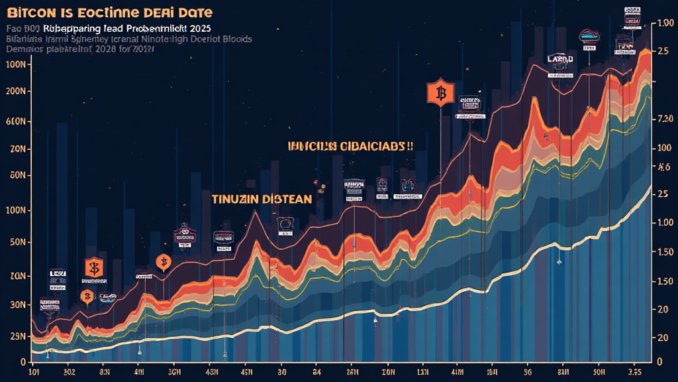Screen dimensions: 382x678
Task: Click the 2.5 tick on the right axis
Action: click(661, 51)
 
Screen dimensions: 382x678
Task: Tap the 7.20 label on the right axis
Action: click(664, 119)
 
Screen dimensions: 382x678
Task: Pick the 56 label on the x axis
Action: click(528, 371)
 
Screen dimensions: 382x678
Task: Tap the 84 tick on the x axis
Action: click(317, 371)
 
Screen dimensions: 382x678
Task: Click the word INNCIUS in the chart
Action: click(312, 146)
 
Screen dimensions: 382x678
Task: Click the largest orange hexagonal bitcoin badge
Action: click(438, 93)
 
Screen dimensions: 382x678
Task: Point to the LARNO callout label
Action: click(561, 59)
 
